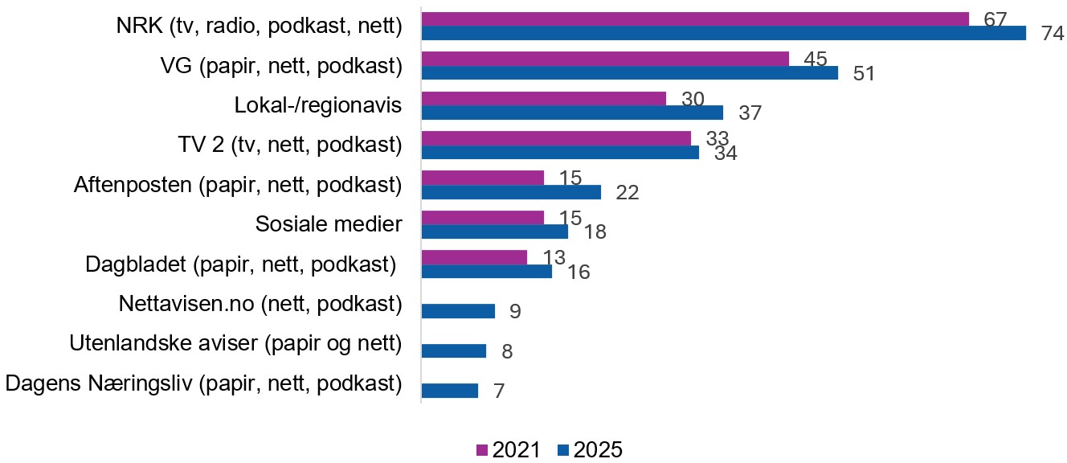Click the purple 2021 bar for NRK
[695, 19]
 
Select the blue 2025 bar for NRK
[723, 33]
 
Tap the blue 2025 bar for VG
[629, 73]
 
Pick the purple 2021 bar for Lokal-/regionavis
[544, 98]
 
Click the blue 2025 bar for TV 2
[560, 152]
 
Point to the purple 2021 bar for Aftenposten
[482, 178]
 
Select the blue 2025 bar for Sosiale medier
[494, 231]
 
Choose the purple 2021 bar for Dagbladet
[474, 257]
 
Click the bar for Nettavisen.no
[458, 311]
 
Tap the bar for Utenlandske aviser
[454, 350]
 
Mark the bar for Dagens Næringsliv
[450, 391]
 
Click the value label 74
[1052, 34]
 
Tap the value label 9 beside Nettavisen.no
[514, 311]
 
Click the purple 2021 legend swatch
[483, 449]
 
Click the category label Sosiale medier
[328, 223]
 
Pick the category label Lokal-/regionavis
[317, 105]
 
